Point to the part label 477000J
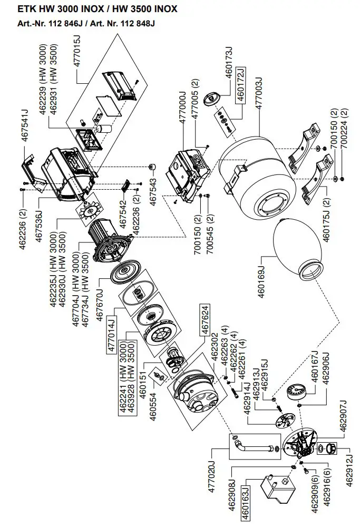tap(182, 108)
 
